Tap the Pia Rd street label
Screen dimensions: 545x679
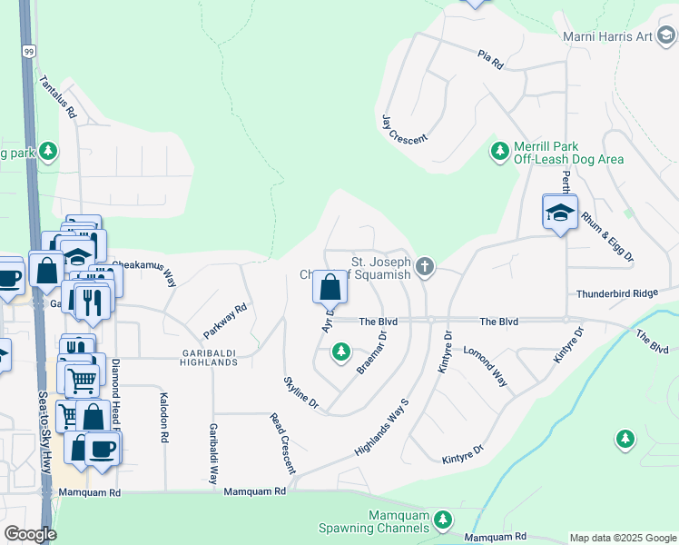click(x=490, y=62)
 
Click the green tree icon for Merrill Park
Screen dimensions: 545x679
click(x=498, y=151)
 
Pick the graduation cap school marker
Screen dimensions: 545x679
click(x=560, y=213)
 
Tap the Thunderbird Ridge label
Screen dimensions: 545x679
click(x=625, y=294)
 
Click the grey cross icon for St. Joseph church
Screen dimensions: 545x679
click(x=426, y=266)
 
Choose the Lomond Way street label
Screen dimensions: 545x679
click(x=486, y=365)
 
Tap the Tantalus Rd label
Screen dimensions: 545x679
click(x=57, y=98)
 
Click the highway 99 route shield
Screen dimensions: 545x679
click(x=29, y=52)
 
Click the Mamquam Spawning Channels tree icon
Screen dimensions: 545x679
click(x=442, y=519)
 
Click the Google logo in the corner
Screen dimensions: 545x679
click(x=30, y=534)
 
